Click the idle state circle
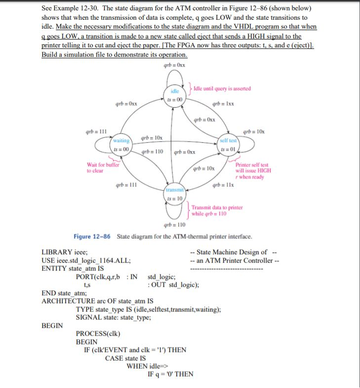(175, 95)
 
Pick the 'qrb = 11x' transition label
(220, 186)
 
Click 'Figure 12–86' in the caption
(93, 236)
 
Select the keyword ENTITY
(56, 268)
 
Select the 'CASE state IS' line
(125, 358)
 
